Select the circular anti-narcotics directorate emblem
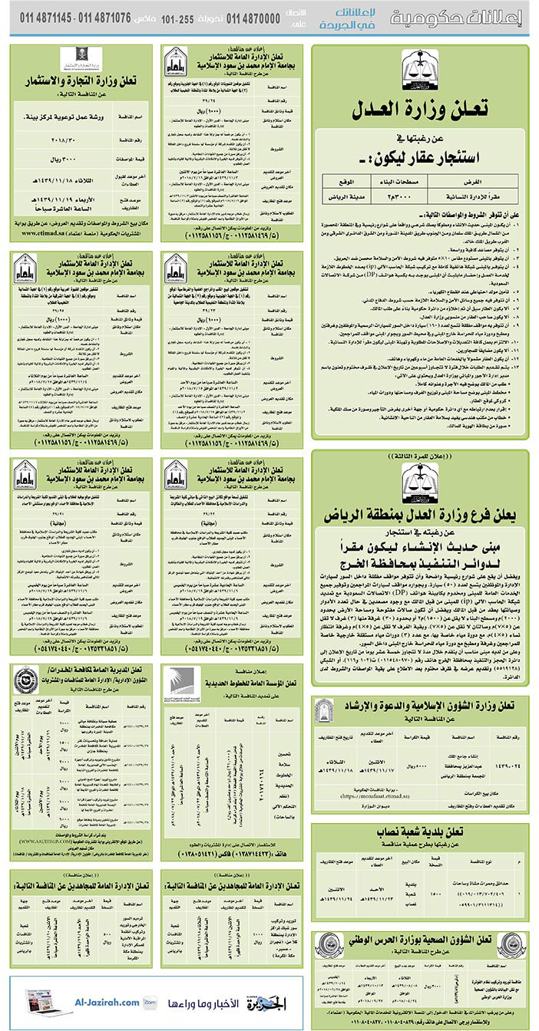25,680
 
